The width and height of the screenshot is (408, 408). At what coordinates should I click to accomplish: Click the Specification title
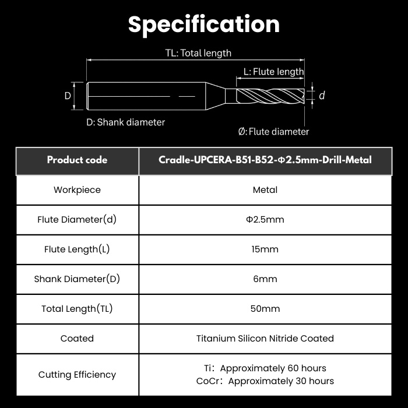coord(204,24)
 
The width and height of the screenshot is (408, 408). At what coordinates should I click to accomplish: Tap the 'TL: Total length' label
coord(198,53)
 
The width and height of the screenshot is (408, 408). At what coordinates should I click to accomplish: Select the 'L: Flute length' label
coord(274,72)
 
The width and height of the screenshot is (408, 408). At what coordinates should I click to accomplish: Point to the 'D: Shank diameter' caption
coord(126,122)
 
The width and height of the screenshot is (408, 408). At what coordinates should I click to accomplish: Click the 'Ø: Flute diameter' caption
coord(274,132)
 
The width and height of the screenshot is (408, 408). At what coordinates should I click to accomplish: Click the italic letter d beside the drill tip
coord(322,96)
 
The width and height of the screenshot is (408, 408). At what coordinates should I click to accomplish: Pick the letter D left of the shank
coord(68,96)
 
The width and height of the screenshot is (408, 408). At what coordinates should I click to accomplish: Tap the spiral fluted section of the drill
coord(270,96)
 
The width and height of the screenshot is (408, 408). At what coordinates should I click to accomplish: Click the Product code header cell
coord(78,160)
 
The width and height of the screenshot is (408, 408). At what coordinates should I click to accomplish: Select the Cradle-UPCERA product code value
coord(265,160)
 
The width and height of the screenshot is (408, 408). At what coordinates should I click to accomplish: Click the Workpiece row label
coord(78,190)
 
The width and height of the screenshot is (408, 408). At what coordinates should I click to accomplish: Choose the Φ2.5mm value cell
coord(265,220)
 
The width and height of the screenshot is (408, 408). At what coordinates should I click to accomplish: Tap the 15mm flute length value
coord(265,249)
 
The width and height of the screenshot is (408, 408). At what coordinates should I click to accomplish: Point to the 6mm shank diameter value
coord(265,279)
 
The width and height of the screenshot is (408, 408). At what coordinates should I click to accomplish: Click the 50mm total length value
coord(265,309)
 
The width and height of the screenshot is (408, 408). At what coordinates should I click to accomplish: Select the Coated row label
coord(77,339)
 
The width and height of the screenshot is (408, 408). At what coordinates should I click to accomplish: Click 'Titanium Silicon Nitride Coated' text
coord(265,339)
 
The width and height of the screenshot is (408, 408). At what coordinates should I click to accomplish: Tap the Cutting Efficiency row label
coord(78,375)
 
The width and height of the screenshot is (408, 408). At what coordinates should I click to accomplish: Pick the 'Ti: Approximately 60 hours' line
coord(265,368)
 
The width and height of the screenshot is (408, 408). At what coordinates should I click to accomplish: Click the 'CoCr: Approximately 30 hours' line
coord(265,381)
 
